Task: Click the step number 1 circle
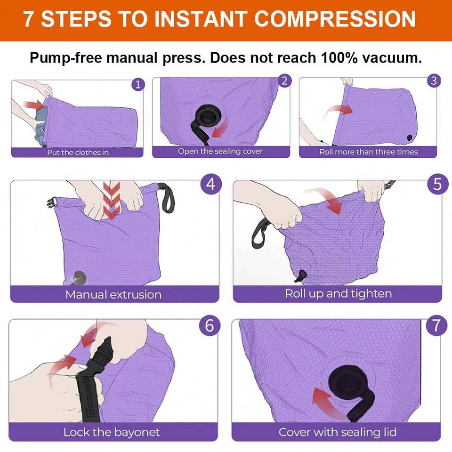tap(138, 84)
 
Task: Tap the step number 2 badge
tap(284, 81)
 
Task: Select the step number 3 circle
tap(434, 81)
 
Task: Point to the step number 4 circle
tap(211, 184)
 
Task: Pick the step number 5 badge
tap(437, 184)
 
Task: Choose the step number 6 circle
tap(209, 325)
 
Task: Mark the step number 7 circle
tap(436, 325)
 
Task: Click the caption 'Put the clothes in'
tap(78, 152)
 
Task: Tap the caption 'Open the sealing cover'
tap(220, 151)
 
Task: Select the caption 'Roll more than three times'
tap(368, 152)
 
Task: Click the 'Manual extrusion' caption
tap(113, 295)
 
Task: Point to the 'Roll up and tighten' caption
tap(339, 294)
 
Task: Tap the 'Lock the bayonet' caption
tap(112, 432)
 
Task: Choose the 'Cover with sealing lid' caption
tap(338, 432)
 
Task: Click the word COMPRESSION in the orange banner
tap(335, 19)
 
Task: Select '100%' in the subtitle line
tap(339, 57)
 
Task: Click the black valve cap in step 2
tap(208, 117)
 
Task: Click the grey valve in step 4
tap(79, 278)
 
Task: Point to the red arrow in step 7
tap(326, 402)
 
